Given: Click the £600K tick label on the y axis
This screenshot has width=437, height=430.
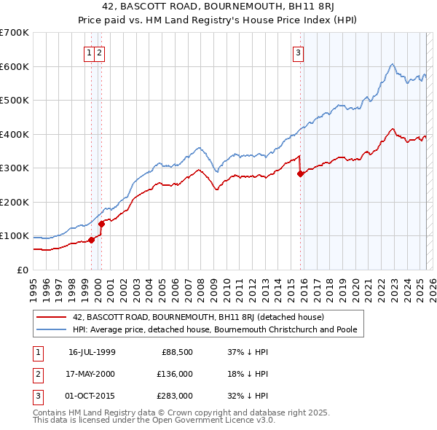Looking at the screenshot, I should (15, 66).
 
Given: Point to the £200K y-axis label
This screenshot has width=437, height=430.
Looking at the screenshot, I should (15, 202).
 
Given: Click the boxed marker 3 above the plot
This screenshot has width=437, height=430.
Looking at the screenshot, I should (299, 52).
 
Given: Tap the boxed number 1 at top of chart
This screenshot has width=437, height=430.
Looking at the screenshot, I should (89, 52).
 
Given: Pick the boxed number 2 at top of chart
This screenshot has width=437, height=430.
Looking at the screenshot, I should (99, 52).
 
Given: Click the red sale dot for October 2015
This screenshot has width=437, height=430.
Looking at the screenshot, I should (300, 173).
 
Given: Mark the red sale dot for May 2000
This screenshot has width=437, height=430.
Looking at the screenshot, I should (102, 224).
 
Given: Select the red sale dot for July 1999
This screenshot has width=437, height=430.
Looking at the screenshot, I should (91, 240).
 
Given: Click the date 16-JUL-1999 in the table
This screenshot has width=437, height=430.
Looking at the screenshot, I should (92, 351).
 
